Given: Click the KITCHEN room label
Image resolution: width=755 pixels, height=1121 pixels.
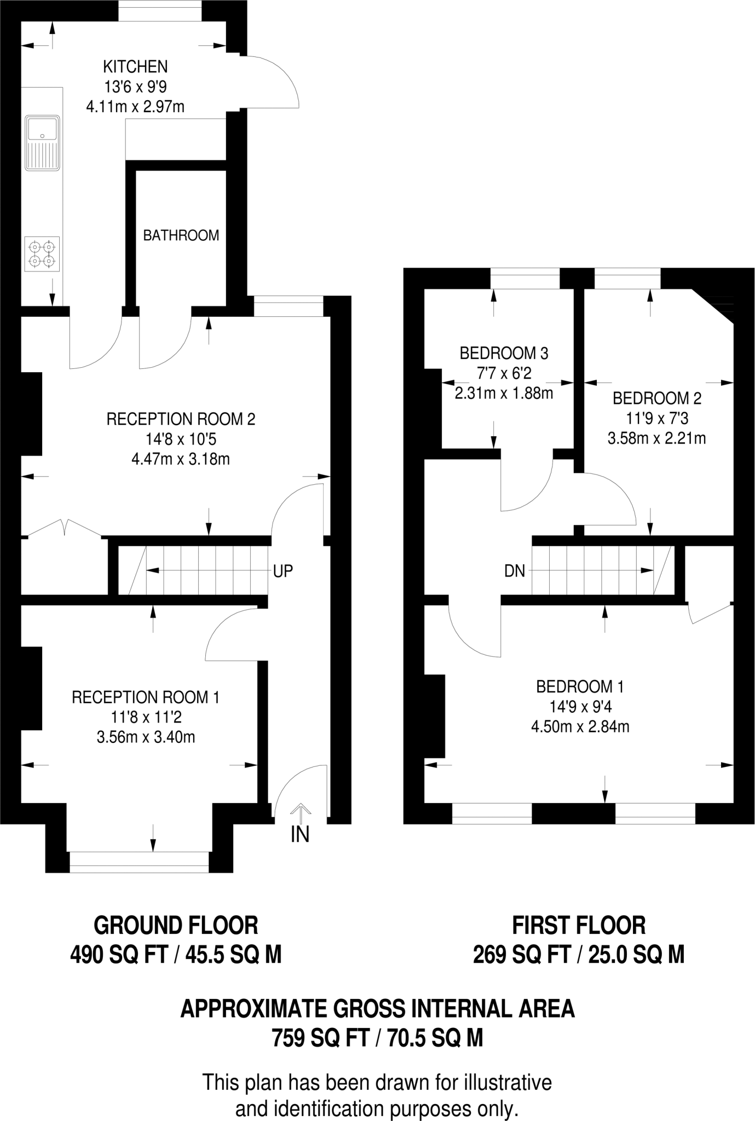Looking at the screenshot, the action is tap(135, 67).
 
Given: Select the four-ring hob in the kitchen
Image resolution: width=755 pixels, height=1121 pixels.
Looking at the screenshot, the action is tap(42, 255).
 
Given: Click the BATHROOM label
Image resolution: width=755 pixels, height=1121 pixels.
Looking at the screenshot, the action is tap(181, 235).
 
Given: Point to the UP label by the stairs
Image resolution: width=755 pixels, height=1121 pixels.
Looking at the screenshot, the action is tap(283, 571).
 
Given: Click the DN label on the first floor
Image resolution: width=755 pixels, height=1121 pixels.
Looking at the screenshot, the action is tap(515, 571).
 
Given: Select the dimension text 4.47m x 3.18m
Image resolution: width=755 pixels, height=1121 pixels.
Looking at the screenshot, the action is tap(181, 459).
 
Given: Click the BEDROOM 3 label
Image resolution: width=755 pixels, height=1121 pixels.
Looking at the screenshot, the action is tap(504, 354).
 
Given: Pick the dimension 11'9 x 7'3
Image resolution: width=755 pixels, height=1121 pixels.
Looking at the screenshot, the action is tap(657, 419).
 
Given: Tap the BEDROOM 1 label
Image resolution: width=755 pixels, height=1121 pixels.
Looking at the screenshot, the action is tap(580, 686).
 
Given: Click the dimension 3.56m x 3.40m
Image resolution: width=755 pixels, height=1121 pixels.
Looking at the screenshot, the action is tap(146, 737).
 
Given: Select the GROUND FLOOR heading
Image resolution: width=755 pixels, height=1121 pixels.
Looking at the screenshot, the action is tap(176, 926).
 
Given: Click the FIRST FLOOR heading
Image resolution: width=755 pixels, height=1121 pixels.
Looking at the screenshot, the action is tap(579, 926).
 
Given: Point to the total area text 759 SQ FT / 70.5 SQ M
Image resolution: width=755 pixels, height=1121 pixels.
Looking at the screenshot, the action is tap(378, 1037).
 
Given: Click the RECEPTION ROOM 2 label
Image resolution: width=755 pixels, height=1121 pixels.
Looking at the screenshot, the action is tap(181, 419).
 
